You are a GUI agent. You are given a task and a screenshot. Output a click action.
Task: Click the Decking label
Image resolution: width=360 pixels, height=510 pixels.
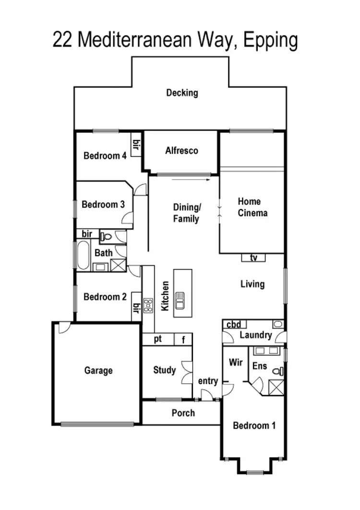[182, 93]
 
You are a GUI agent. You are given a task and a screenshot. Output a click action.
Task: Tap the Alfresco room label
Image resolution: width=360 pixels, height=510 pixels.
[181, 150]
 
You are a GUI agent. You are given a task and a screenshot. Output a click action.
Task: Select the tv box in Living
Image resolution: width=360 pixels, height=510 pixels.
[253, 258]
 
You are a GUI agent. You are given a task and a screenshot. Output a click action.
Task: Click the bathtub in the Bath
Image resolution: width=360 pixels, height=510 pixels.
[83, 255]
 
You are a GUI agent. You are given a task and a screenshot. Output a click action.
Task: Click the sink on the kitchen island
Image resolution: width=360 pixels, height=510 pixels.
[180, 300]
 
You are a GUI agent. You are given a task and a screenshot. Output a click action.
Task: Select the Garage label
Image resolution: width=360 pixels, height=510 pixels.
[98, 370]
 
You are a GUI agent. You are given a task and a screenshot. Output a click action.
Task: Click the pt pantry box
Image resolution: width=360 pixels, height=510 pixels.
[158, 339]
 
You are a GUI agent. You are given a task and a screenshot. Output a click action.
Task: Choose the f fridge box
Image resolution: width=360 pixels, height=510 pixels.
[183, 340]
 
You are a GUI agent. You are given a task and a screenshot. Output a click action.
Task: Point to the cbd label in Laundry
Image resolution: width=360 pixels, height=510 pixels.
[234, 324]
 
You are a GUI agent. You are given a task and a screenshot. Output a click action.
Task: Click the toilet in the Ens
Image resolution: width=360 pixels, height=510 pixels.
[277, 371]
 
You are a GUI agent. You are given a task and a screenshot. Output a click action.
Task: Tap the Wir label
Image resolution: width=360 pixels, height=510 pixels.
[235, 362]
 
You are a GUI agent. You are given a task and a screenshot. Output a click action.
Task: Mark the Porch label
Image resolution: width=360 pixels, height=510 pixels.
[183, 413]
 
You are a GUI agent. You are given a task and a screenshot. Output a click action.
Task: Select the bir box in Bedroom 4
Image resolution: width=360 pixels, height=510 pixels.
[136, 143]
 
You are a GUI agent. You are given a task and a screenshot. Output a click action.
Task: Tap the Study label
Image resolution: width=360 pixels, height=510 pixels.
[164, 370]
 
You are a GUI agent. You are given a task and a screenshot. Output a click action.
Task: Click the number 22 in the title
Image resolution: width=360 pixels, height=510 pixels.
[62, 40]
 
